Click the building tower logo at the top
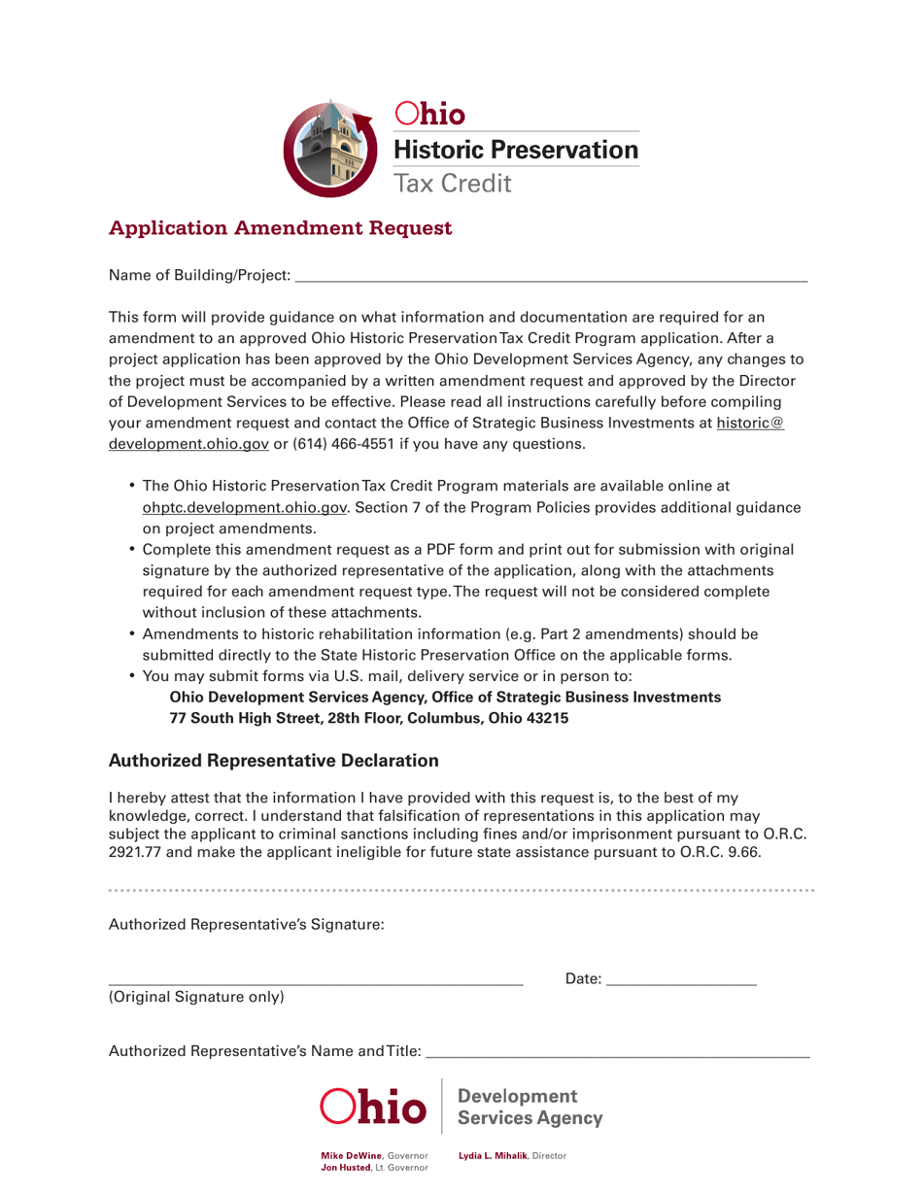click(330, 143)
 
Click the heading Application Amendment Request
click(281, 229)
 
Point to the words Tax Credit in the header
click(451, 182)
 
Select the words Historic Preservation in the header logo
click(515, 149)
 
